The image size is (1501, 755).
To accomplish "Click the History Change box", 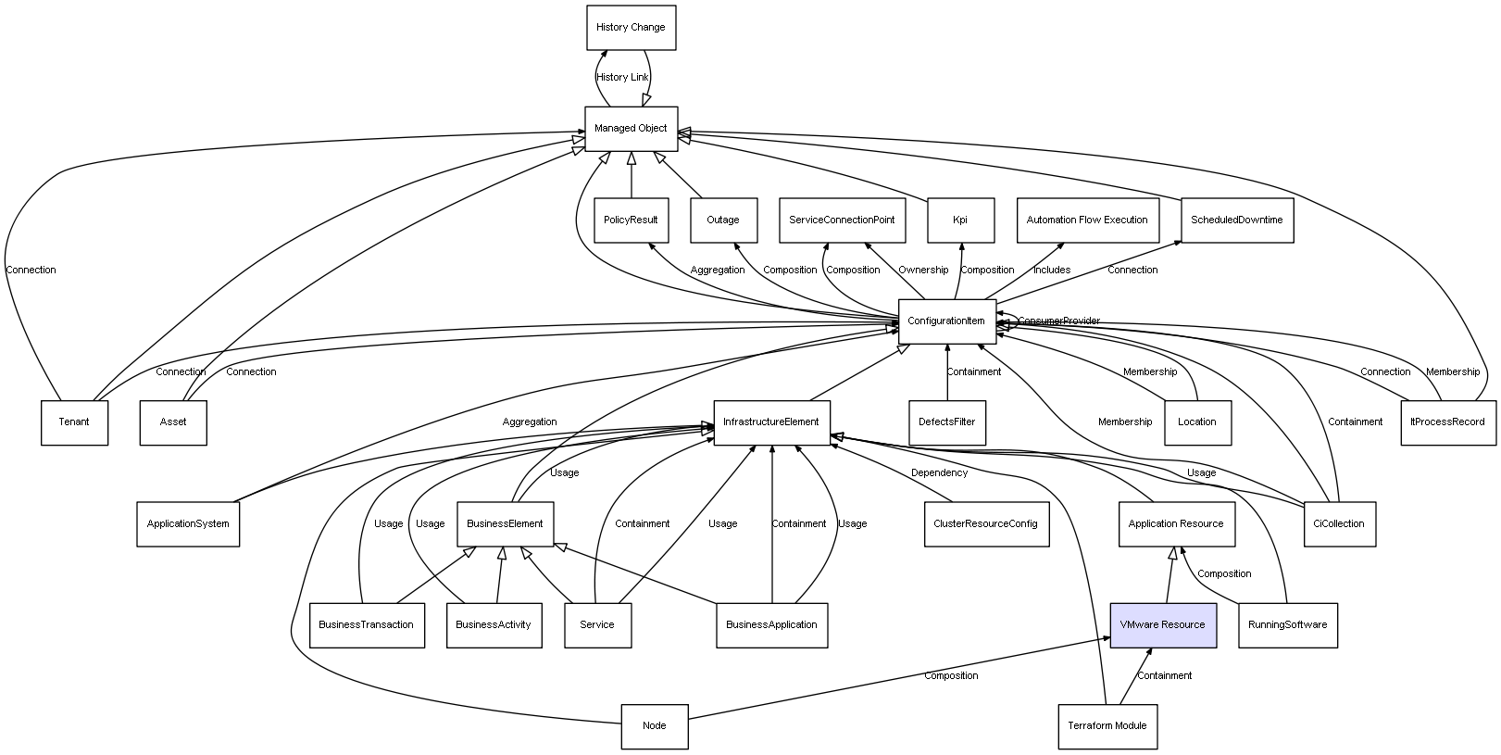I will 631,28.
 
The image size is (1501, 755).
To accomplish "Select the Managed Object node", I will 631,129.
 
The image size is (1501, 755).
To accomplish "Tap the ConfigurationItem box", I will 946,321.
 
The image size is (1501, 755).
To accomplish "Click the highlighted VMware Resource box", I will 1162,625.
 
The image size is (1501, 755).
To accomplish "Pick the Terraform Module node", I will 1107,726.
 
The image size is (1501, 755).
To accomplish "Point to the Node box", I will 654,726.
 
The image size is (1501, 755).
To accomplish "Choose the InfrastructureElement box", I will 771,422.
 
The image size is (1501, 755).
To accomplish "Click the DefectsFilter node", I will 946,422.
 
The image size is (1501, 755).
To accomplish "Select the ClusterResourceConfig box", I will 985,524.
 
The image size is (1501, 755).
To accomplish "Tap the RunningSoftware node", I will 1287,625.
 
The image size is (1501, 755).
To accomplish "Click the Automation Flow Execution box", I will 1087,220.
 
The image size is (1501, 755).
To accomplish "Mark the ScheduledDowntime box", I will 1236,220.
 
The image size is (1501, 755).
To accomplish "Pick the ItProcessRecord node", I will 1447,422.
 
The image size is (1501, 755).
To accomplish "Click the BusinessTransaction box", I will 366,625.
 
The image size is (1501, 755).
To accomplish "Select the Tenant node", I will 74,422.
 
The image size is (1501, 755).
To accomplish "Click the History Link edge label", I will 622,78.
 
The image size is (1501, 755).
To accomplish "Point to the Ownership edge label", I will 923,271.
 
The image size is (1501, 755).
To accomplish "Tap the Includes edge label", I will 1052,271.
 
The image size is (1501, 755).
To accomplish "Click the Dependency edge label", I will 939,473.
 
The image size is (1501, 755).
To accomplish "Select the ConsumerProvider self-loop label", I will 1059,321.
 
